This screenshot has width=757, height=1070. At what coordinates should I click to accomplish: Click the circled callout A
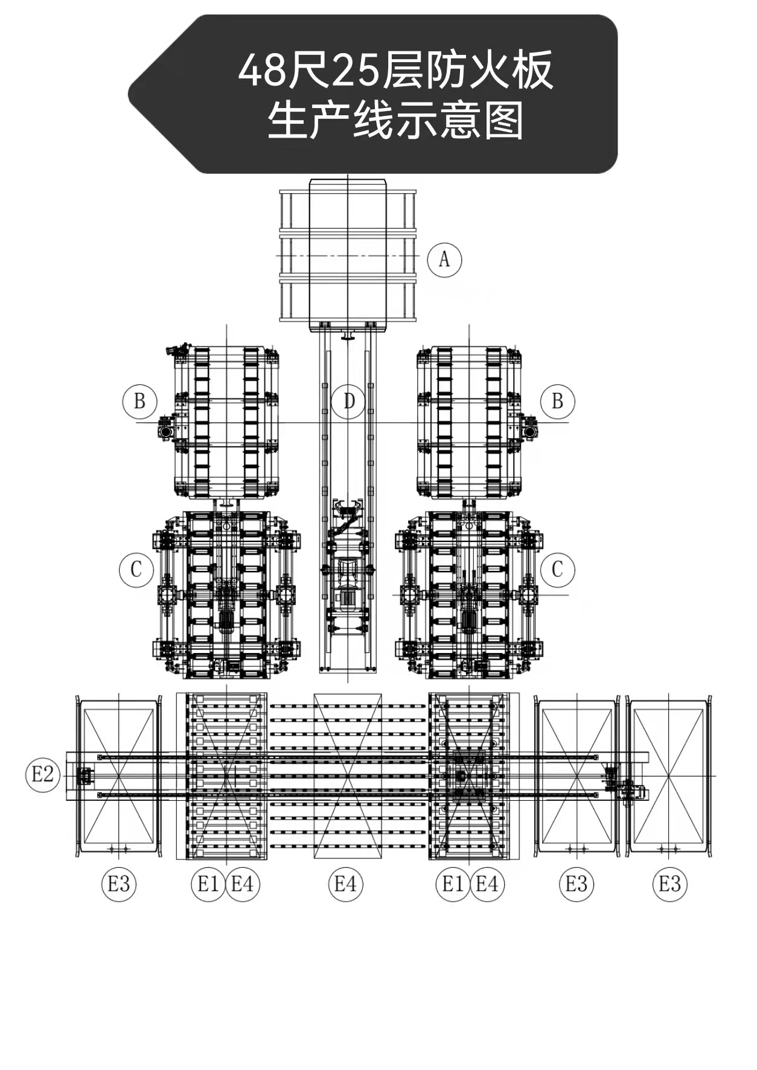444,260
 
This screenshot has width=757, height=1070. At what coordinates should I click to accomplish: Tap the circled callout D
348,401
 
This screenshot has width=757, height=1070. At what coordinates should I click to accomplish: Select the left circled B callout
139,401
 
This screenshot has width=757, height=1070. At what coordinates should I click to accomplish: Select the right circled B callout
557,401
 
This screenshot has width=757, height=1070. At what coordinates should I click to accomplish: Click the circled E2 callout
42,775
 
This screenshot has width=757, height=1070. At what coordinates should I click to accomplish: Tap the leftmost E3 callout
119,884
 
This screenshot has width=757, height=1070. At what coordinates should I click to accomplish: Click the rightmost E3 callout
670,884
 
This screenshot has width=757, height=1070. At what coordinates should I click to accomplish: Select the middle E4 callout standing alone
345,884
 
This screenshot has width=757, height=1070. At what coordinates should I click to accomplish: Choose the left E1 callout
208,884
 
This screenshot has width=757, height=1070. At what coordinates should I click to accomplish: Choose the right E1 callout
453,884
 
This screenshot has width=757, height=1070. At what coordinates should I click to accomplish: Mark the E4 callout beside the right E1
487,884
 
